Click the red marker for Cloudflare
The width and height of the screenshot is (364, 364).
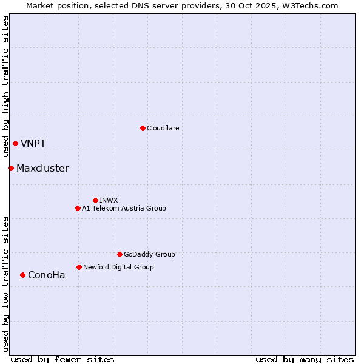coord(143,128)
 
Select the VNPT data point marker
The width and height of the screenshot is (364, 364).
coord(15,143)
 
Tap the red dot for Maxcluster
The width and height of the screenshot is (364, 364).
coord(11,168)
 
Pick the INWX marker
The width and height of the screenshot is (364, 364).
coord(95,200)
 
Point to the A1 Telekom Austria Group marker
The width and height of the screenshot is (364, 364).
coord(78,208)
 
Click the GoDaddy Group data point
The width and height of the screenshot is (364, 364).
coord(120,254)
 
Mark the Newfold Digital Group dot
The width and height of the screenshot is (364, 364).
coord(79,267)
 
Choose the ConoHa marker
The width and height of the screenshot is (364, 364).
coord(22,275)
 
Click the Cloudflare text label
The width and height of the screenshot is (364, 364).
coord(163,128)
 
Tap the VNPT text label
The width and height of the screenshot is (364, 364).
coord(33,144)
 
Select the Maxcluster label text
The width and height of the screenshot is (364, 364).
coord(42,169)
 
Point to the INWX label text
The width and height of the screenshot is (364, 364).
coord(109,200)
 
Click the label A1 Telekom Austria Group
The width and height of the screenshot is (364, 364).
coord(124,208)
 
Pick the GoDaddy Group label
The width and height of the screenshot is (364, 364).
coord(149,254)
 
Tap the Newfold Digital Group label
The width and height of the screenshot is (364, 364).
coord(118,267)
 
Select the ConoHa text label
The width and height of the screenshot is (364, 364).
coord(46,275)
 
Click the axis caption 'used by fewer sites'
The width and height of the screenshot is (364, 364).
coord(62,359)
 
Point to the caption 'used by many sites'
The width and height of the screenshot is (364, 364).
coord(304,359)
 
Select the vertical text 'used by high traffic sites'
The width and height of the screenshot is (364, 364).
coord(5,87)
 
